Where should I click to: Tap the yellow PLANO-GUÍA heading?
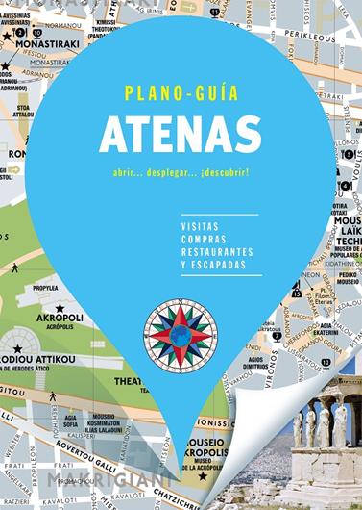(181, 93)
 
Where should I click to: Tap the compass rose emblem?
(181, 333)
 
